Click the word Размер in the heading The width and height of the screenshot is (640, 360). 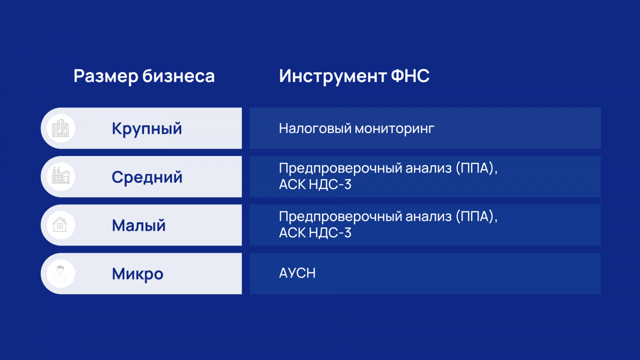[x=106, y=76]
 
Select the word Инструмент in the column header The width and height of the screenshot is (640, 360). [x=333, y=76]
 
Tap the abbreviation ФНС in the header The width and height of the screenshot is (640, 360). [x=410, y=76]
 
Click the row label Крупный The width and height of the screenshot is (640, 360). [x=147, y=129]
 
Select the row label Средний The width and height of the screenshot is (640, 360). [x=147, y=177]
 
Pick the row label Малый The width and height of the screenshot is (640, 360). [x=139, y=225]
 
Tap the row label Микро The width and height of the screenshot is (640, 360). [x=137, y=274]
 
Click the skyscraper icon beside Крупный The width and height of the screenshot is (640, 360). [x=61, y=128]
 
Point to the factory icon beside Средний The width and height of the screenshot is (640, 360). [x=61, y=177]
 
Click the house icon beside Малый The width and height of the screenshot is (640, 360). [x=60, y=225]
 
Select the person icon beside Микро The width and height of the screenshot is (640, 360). [x=61, y=273]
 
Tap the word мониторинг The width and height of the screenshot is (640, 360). [x=395, y=129]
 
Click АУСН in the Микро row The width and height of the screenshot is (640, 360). [x=297, y=273]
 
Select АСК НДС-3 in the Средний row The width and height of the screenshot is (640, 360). [x=315, y=185]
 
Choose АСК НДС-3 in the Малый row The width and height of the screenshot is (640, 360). [x=315, y=233]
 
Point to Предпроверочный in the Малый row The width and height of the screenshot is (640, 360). [x=340, y=217]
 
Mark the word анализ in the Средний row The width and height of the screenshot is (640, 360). [x=428, y=168]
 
